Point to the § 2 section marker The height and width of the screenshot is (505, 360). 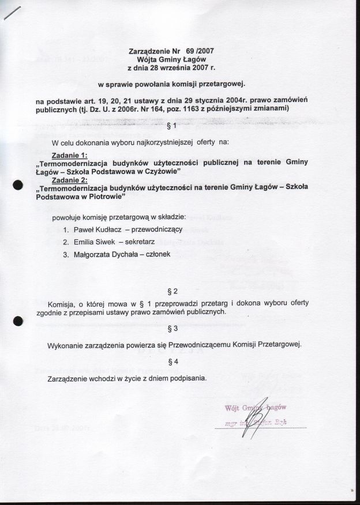pyautogui.click(x=171, y=289)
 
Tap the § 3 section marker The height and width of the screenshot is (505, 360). pyautogui.click(x=171, y=329)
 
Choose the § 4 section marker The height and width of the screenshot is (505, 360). pyautogui.click(x=171, y=361)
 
